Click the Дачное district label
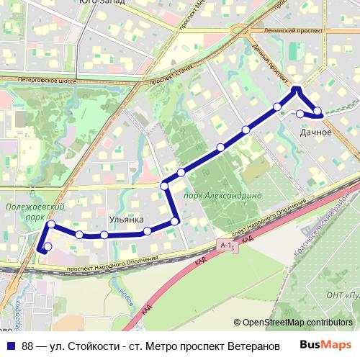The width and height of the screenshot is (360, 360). coord(316,132)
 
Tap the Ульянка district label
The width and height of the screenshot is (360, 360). coord(126,219)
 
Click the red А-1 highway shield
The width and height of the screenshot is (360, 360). coord(227,246)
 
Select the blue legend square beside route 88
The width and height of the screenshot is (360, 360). coord(9,346)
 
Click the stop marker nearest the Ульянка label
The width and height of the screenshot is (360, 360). coord(148,231)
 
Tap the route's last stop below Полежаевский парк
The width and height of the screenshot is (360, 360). coord(48,248)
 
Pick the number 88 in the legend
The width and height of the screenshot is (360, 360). coord(27,346)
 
